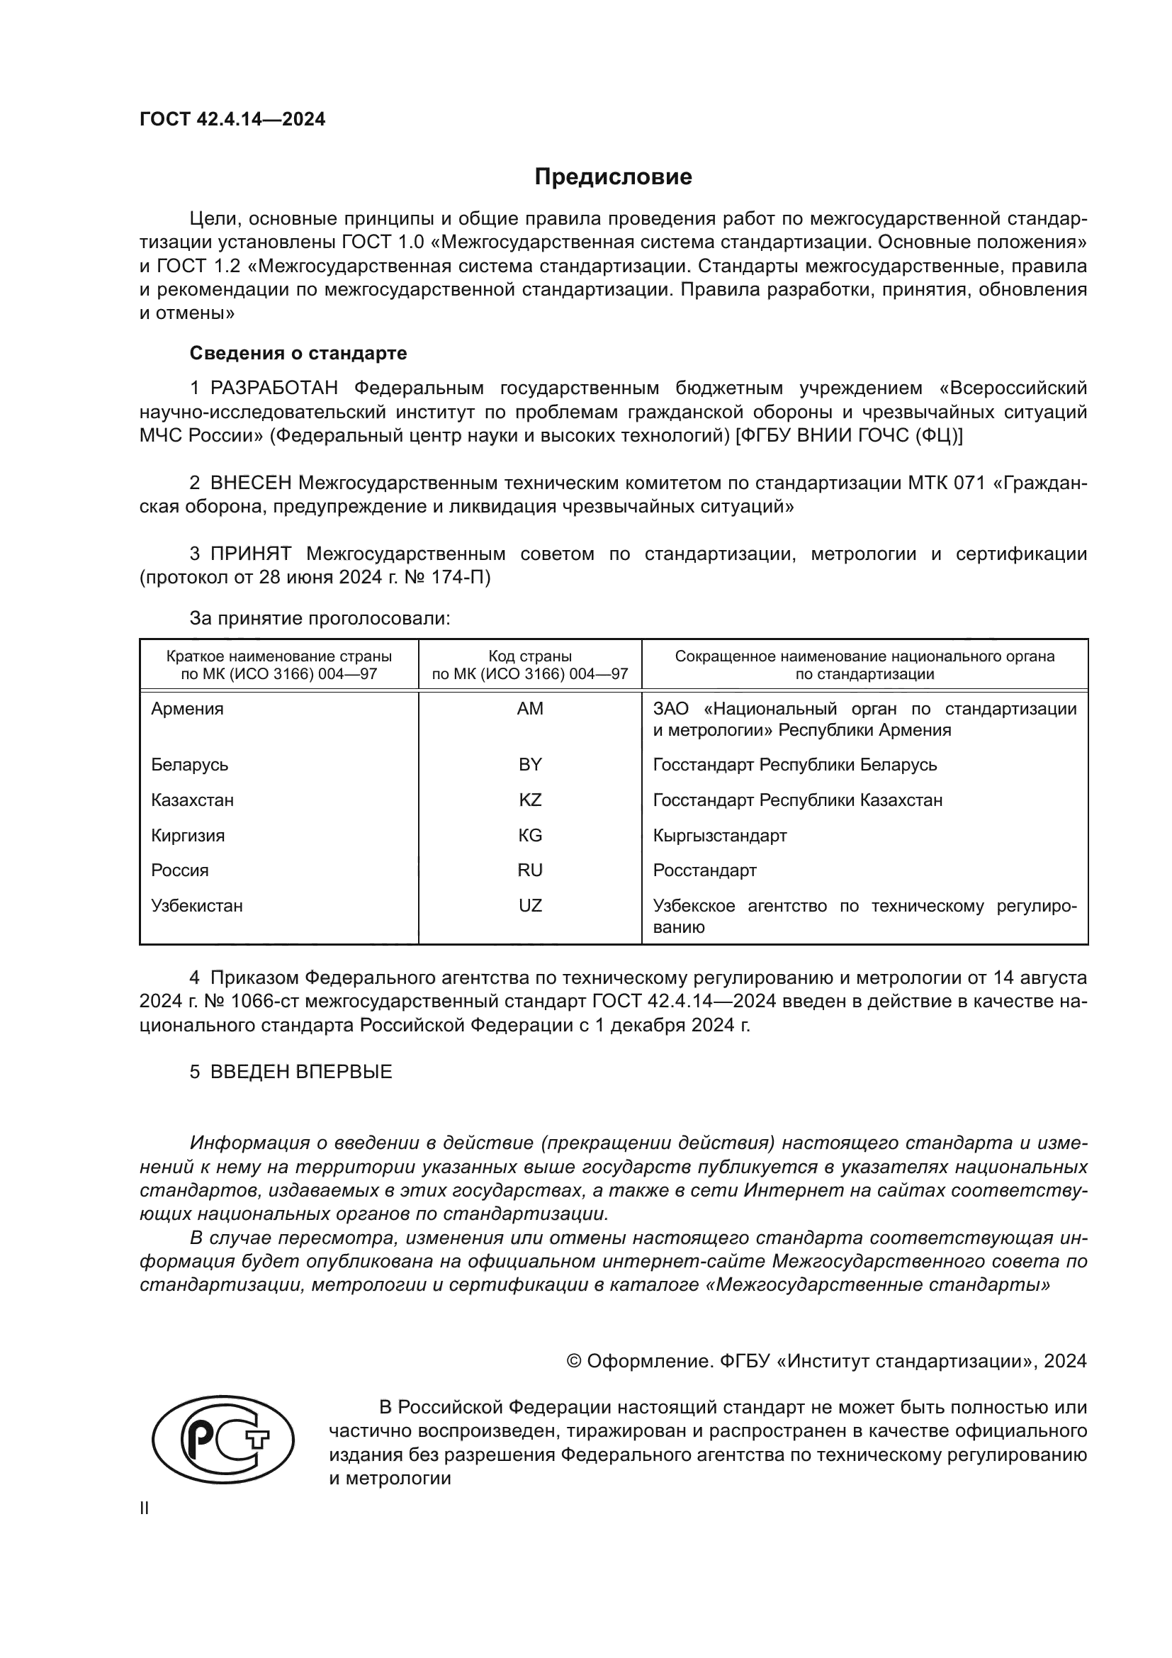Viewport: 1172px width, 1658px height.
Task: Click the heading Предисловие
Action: coord(613,177)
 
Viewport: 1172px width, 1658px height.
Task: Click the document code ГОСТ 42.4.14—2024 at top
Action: coord(232,119)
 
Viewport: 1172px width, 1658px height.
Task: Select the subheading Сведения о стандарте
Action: coord(298,353)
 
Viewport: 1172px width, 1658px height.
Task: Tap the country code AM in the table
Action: coord(530,708)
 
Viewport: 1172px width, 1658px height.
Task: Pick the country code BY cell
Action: coord(530,764)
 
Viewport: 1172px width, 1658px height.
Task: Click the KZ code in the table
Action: coord(530,800)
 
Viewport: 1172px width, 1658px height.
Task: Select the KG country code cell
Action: coord(530,835)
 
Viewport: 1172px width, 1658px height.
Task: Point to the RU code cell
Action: coord(530,870)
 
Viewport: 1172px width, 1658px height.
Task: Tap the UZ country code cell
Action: coord(530,905)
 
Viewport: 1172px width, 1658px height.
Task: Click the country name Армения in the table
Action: coord(187,708)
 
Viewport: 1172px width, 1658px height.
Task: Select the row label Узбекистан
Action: coord(196,905)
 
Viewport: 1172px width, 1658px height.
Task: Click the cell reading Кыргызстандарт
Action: coord(719,836)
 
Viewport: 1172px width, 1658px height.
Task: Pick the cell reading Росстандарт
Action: coord(704,870)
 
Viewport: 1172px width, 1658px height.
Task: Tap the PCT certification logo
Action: coord(222,1460)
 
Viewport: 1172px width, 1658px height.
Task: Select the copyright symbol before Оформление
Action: coord(575,1361)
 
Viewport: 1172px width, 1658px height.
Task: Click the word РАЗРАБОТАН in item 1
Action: coord(274,388)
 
